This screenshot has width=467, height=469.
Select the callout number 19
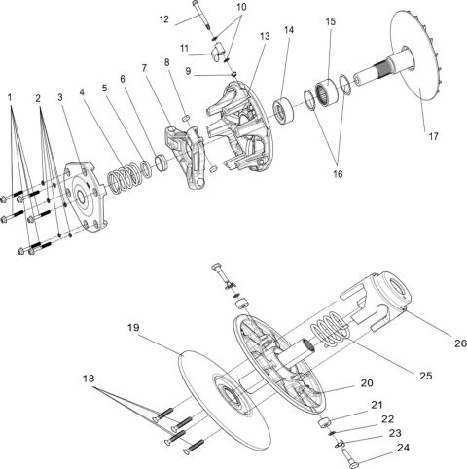134,329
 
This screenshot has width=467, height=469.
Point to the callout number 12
163,18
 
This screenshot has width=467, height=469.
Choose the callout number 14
289,31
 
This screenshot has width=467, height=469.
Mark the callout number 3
60,97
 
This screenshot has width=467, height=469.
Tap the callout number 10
241,7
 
